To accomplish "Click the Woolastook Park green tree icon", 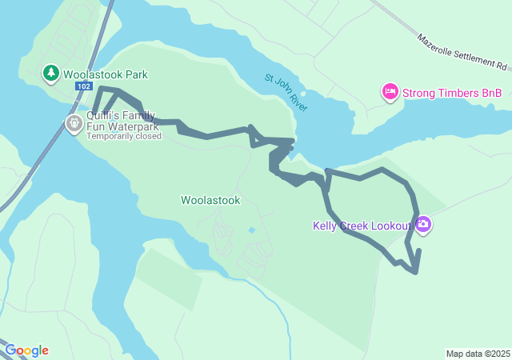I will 51,74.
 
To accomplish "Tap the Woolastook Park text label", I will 106,74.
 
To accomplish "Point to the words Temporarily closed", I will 124,136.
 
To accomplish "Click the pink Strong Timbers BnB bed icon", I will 390,93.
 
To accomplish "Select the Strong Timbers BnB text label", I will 452,93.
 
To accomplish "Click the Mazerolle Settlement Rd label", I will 463,52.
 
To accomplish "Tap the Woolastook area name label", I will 210,200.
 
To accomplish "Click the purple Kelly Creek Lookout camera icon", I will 422,226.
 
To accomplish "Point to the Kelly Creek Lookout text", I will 362,226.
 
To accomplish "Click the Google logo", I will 26,350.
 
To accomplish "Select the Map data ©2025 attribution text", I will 478,354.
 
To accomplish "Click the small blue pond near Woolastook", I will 252,230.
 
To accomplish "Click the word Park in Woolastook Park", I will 134,74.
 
